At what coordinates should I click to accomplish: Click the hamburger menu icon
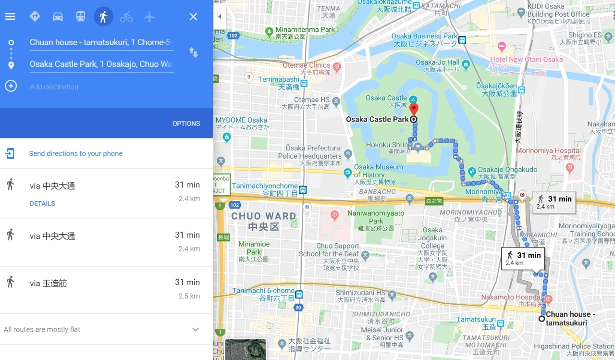(10, 17)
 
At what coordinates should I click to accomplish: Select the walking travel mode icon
(103, 17)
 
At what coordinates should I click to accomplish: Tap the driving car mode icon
(58, 17)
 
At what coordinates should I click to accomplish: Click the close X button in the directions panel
(193, 17)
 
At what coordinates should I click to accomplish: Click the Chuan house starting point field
(101, 42)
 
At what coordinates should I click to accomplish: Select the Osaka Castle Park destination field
(101, 64)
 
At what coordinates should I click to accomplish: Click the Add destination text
(54, 87)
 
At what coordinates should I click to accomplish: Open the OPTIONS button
(186, 124)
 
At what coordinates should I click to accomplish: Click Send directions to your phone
(75, 154)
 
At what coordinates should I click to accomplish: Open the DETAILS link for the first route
(42, 203)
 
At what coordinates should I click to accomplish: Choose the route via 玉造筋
(48, 284)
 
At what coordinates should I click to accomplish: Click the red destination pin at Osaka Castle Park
(413, 109)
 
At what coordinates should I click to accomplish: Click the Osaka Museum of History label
(379, 171)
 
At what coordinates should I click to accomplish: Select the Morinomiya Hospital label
(548, 151)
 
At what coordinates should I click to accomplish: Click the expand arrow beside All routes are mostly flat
(196, 330)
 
